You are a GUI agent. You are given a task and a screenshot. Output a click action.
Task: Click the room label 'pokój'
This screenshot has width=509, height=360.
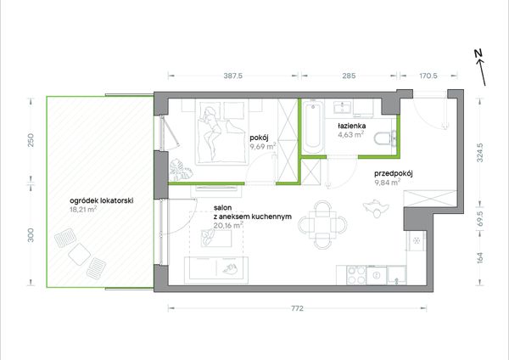259,138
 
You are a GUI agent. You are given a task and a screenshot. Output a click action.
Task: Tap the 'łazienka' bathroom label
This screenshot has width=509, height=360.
352,126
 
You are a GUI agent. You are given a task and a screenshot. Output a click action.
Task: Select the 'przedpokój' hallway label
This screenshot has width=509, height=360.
394,173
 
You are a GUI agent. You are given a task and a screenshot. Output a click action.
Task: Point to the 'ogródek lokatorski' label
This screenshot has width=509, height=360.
102,200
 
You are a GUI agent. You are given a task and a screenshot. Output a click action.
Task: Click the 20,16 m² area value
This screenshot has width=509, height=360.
228,225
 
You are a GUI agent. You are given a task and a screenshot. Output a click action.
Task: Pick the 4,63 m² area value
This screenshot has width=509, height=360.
350,134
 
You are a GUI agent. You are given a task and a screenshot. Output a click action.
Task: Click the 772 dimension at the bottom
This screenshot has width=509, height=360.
297,308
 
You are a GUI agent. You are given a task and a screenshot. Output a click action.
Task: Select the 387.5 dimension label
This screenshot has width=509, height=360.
233,76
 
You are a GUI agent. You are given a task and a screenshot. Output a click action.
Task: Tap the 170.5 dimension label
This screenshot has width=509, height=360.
428,76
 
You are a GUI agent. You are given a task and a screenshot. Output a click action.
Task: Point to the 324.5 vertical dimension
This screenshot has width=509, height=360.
480,153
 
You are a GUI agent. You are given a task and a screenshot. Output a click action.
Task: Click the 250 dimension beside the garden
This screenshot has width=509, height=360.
31,140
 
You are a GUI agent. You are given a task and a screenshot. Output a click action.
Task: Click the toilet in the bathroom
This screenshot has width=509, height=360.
385,138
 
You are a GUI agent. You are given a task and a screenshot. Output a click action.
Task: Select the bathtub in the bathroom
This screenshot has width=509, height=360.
313,127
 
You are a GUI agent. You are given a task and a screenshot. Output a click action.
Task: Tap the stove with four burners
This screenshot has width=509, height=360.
357,276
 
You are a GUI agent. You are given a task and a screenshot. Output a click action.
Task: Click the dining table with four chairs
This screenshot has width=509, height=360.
322,224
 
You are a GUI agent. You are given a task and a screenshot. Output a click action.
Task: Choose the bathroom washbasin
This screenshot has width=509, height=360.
342,107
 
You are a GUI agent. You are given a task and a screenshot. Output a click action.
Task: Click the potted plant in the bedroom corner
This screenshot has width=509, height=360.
181,169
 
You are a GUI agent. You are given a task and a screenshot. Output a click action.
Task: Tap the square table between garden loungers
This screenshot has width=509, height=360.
79,253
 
